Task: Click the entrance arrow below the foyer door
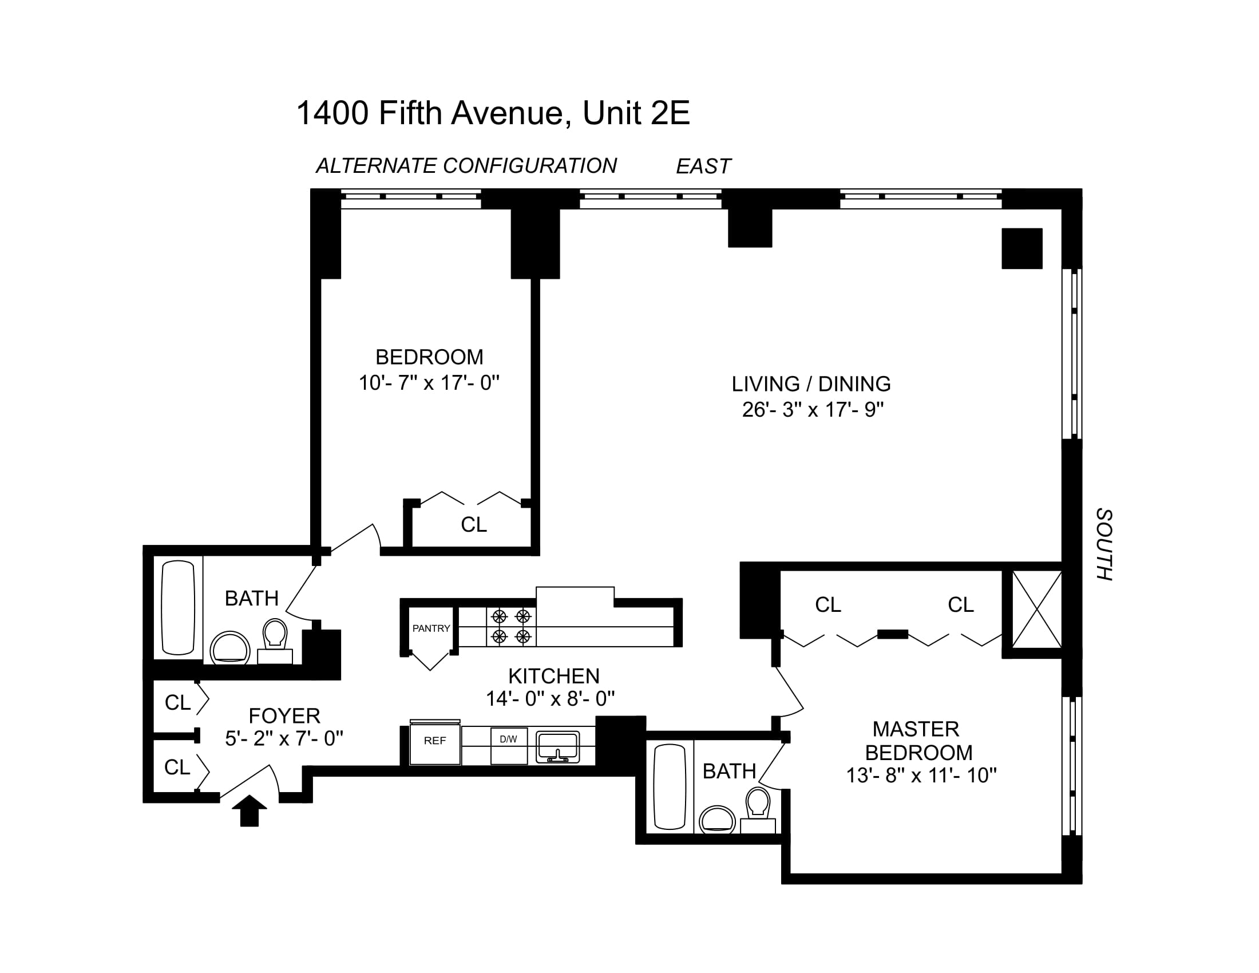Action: pos(249,810)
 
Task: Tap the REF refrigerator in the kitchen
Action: pos(435,743)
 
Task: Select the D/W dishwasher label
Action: pos(508,739)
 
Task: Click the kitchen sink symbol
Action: pos(557,747)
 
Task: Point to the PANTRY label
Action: pos(431,628)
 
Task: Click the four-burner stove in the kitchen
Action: pos(511,627)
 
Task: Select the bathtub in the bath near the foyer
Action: pos(177,607)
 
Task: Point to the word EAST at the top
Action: pos(703,167)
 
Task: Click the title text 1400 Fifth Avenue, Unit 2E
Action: pos(493,112)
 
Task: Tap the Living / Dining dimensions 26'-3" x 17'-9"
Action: pos(813,410)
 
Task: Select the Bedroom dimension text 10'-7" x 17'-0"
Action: pos(429,383)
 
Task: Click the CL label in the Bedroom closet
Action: pos(474,524)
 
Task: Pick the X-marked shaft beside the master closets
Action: pos(1036,610)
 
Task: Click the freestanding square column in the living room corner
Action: pos(1022,248)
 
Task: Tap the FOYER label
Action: pos(284,716)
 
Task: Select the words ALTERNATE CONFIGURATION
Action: pos(466,166)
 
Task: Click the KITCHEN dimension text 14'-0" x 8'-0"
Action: pos(551,699)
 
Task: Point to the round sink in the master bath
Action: pos(717,820)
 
